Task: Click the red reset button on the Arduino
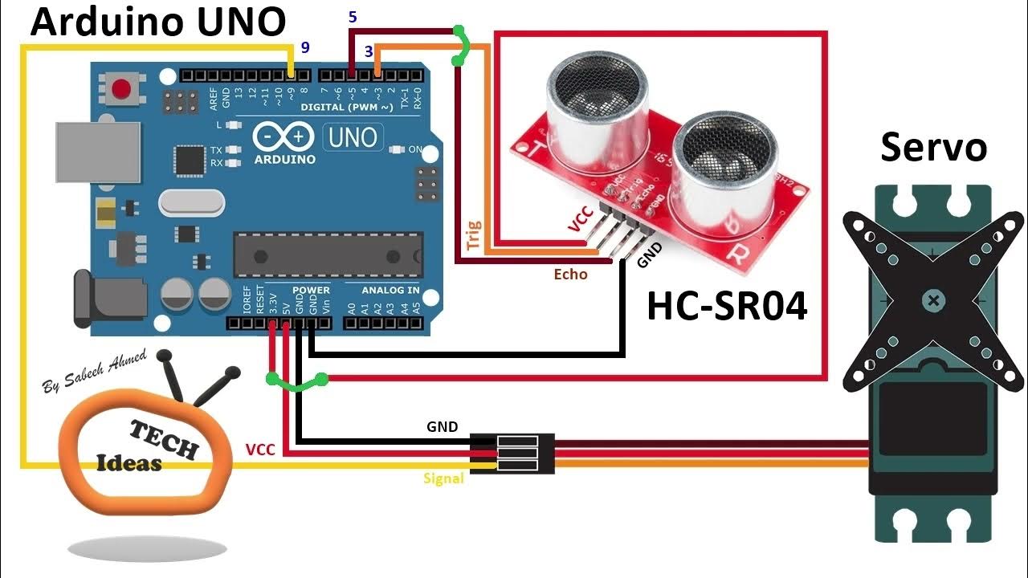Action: coord(122,88)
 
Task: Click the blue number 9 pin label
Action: coord(305,47)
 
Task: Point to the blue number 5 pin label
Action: coord(353,16)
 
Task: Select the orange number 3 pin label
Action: coord(369,51)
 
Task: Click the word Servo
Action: coord(933,148)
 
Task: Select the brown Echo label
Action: coord(570,275)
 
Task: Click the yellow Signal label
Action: coord(443,478)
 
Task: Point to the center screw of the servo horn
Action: coord(932,302)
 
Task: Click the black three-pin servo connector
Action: coord(512,453)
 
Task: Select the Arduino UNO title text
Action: coord(157,22)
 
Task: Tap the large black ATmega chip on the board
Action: coord(327,255)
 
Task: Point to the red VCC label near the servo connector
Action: coord(260,450)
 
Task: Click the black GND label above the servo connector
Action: coord(442,426)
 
